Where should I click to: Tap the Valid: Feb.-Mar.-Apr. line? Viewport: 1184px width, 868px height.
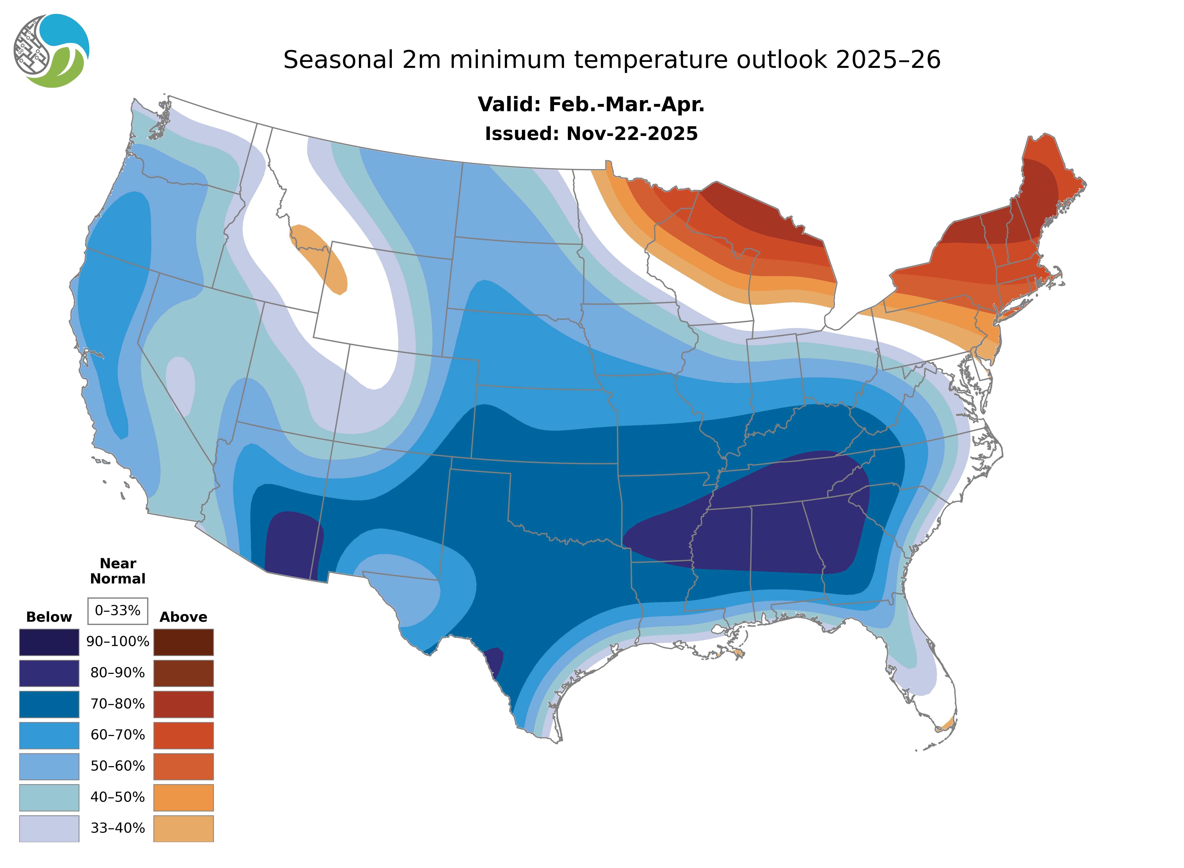coord(591,105)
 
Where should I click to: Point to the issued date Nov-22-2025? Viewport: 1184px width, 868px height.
coord(632,134)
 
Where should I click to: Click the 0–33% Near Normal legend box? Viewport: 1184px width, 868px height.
coord(118,611)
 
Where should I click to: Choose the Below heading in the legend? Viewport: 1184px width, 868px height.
coord(49,617)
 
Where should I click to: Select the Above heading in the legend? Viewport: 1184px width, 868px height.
coord(183,617)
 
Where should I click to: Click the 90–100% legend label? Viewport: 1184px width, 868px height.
coord(118,642)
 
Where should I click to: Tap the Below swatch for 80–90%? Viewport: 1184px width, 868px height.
coord(49,673)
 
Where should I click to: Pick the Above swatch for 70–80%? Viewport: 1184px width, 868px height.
coord(183,704)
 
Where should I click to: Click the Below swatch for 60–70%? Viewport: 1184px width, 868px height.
coord(49,735)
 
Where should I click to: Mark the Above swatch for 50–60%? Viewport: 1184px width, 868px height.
coord(183,766)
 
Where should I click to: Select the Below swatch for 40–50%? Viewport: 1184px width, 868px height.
coord(49,797)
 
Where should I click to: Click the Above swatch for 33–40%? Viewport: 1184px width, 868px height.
coord(183,828)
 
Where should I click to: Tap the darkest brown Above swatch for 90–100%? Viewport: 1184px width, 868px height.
coord(183,642)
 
